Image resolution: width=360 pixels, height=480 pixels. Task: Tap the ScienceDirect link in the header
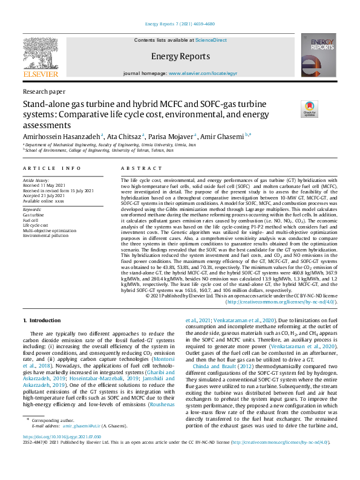pyautogui.click(x=212, y=39)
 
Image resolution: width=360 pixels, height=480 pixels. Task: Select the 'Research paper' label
pyautogui.click(x=44, y=91)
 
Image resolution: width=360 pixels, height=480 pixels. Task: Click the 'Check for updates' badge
pyautogui.click(x=310, y=109)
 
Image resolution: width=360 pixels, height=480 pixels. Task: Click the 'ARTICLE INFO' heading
pyautogui.click(x=52, y=167)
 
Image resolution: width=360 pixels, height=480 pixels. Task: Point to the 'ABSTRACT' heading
pyautogui.click(x=140, y=167)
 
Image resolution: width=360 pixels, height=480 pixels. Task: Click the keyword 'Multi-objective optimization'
pyautogui.click(x=53, y=231)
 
